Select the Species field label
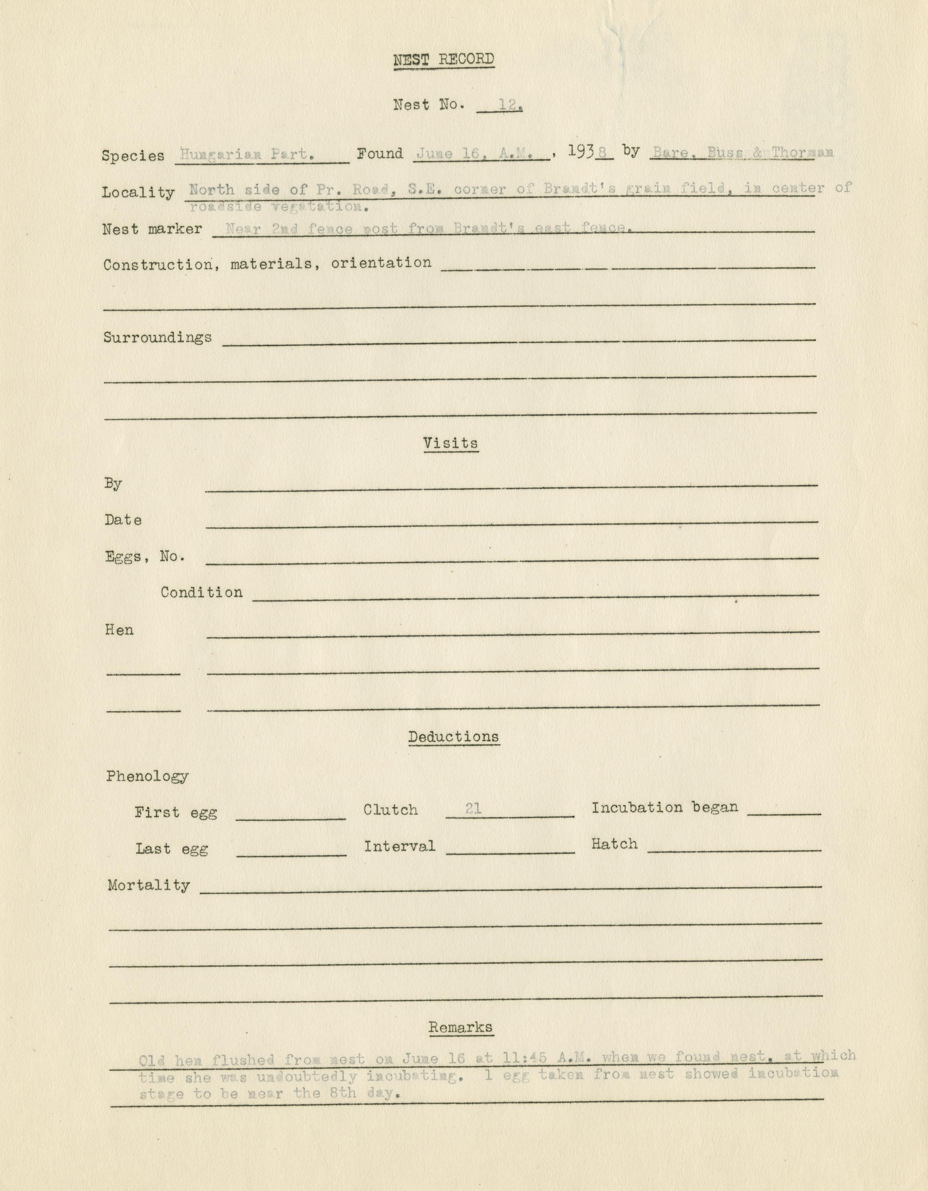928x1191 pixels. (x=133, y=156)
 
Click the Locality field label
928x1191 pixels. (x=138, y=193)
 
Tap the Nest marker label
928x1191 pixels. (x=152, y=229)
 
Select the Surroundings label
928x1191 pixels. (x=158, y=337)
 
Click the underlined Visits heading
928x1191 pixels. (x=450, y=443)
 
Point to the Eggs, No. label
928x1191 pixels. (x=145, y=557)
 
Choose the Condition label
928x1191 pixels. (x=201, y=592)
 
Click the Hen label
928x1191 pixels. (x=119, y=630)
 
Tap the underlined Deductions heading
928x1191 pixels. (x=454, y=737)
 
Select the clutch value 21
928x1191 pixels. (x=473, y=809)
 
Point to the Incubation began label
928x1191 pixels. (x=665, y=808)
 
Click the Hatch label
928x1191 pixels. (x=614, y=844)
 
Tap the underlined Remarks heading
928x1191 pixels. (x=461, y=1028)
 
